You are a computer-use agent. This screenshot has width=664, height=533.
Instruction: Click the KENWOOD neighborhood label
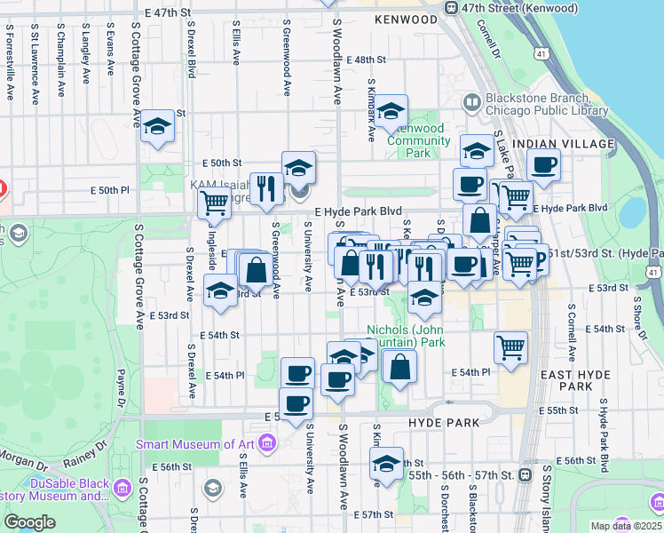[407, 19]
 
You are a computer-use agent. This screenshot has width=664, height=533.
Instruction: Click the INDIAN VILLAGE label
[564, 144]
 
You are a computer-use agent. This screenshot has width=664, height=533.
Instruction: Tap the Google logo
[29, 522]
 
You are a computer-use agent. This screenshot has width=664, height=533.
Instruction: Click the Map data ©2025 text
[626, 526]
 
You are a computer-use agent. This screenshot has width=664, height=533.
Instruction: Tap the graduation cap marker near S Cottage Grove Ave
[157, 127]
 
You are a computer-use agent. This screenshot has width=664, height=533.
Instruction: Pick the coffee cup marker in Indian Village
[543, 164]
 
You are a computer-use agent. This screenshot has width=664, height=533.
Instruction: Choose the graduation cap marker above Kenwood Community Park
[390, 113]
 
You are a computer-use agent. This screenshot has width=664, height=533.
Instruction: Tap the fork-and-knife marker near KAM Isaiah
[266, 187]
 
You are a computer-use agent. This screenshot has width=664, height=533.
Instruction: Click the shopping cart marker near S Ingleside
[214, 203]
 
